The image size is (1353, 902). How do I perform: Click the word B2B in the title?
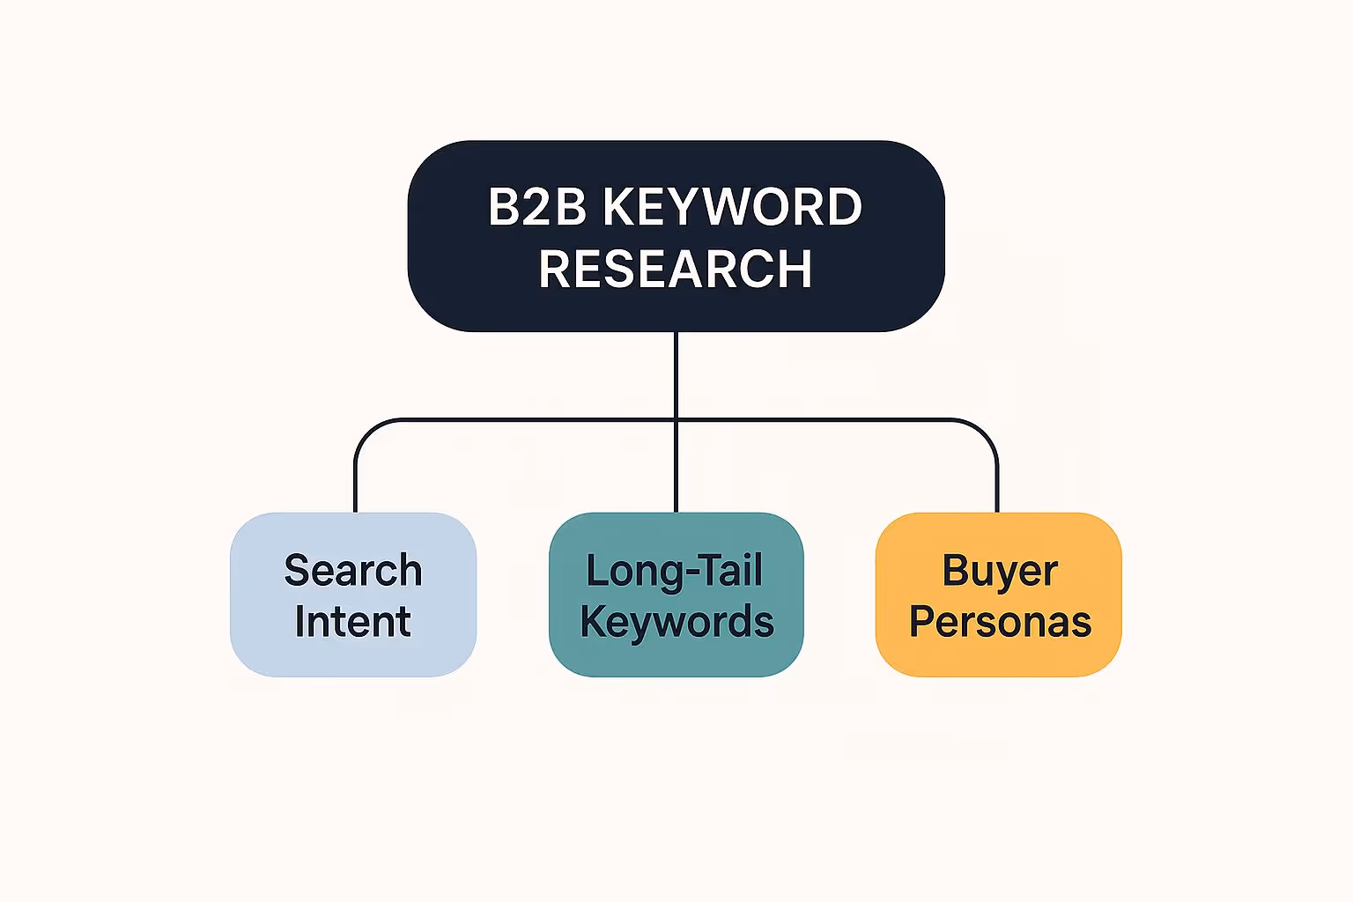point(538,208)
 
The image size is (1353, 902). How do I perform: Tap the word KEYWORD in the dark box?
point(732,208)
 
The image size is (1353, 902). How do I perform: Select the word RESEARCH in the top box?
point(676,269)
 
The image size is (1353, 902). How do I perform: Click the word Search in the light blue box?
point(353,571)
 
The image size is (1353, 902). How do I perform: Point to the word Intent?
point(353,622)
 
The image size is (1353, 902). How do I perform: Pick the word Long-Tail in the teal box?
point(675,571)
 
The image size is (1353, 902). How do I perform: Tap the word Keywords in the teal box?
point(676,622)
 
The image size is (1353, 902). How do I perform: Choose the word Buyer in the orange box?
point(1000,571)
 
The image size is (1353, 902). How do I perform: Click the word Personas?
point(1000,622)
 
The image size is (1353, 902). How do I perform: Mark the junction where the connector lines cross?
point(676,420)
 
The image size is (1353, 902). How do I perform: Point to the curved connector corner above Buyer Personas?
point(987,431)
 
